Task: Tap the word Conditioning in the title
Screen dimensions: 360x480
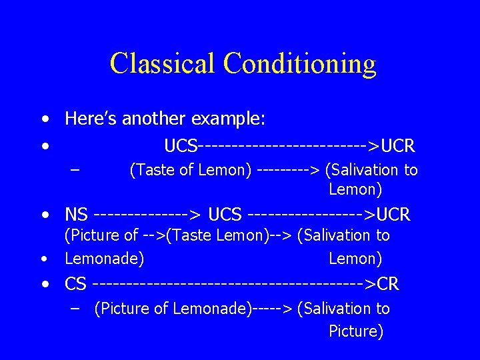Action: tap(300, 63)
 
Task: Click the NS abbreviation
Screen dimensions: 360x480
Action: tap(76, 215)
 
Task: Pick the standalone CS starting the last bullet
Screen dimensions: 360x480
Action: tap(75, 285)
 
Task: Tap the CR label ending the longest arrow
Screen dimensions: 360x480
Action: tap(387, 285)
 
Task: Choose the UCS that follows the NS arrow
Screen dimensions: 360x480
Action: tap(225, 215)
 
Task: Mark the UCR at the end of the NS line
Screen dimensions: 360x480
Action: tap(393, 215)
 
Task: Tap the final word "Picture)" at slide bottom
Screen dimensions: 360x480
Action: tap(356, 331)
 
